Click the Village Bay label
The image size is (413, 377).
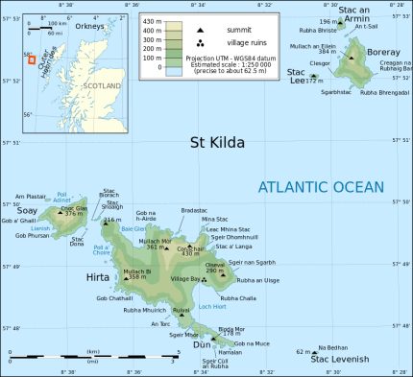(x=185, y=278)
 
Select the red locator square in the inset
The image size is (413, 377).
(x=32, y=60)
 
